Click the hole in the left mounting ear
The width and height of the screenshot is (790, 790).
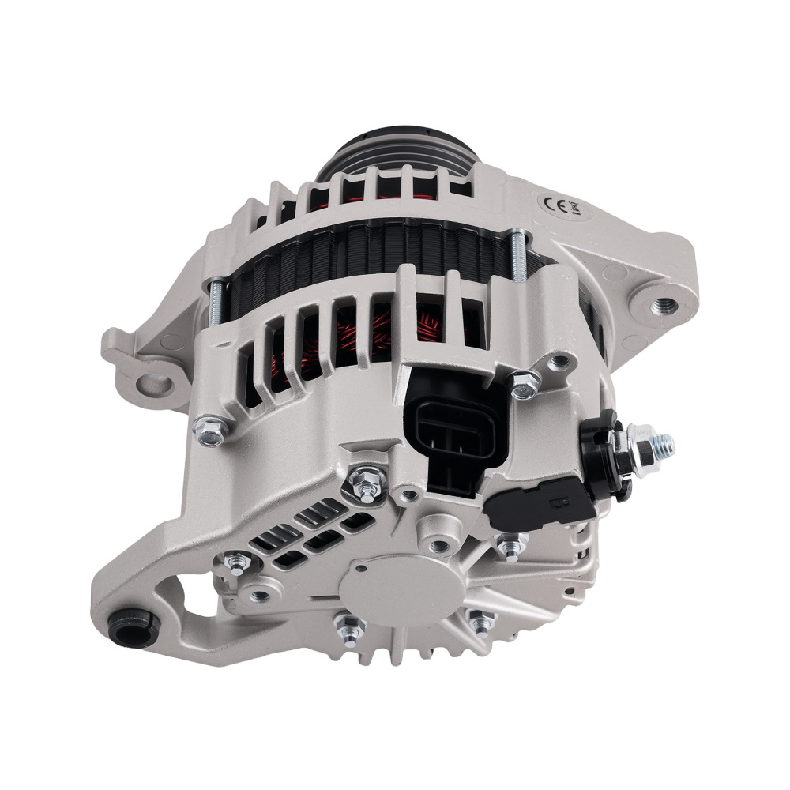[156, 384]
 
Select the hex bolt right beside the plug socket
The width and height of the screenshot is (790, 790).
[524, 385]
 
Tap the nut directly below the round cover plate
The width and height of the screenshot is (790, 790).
[349, 628]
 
